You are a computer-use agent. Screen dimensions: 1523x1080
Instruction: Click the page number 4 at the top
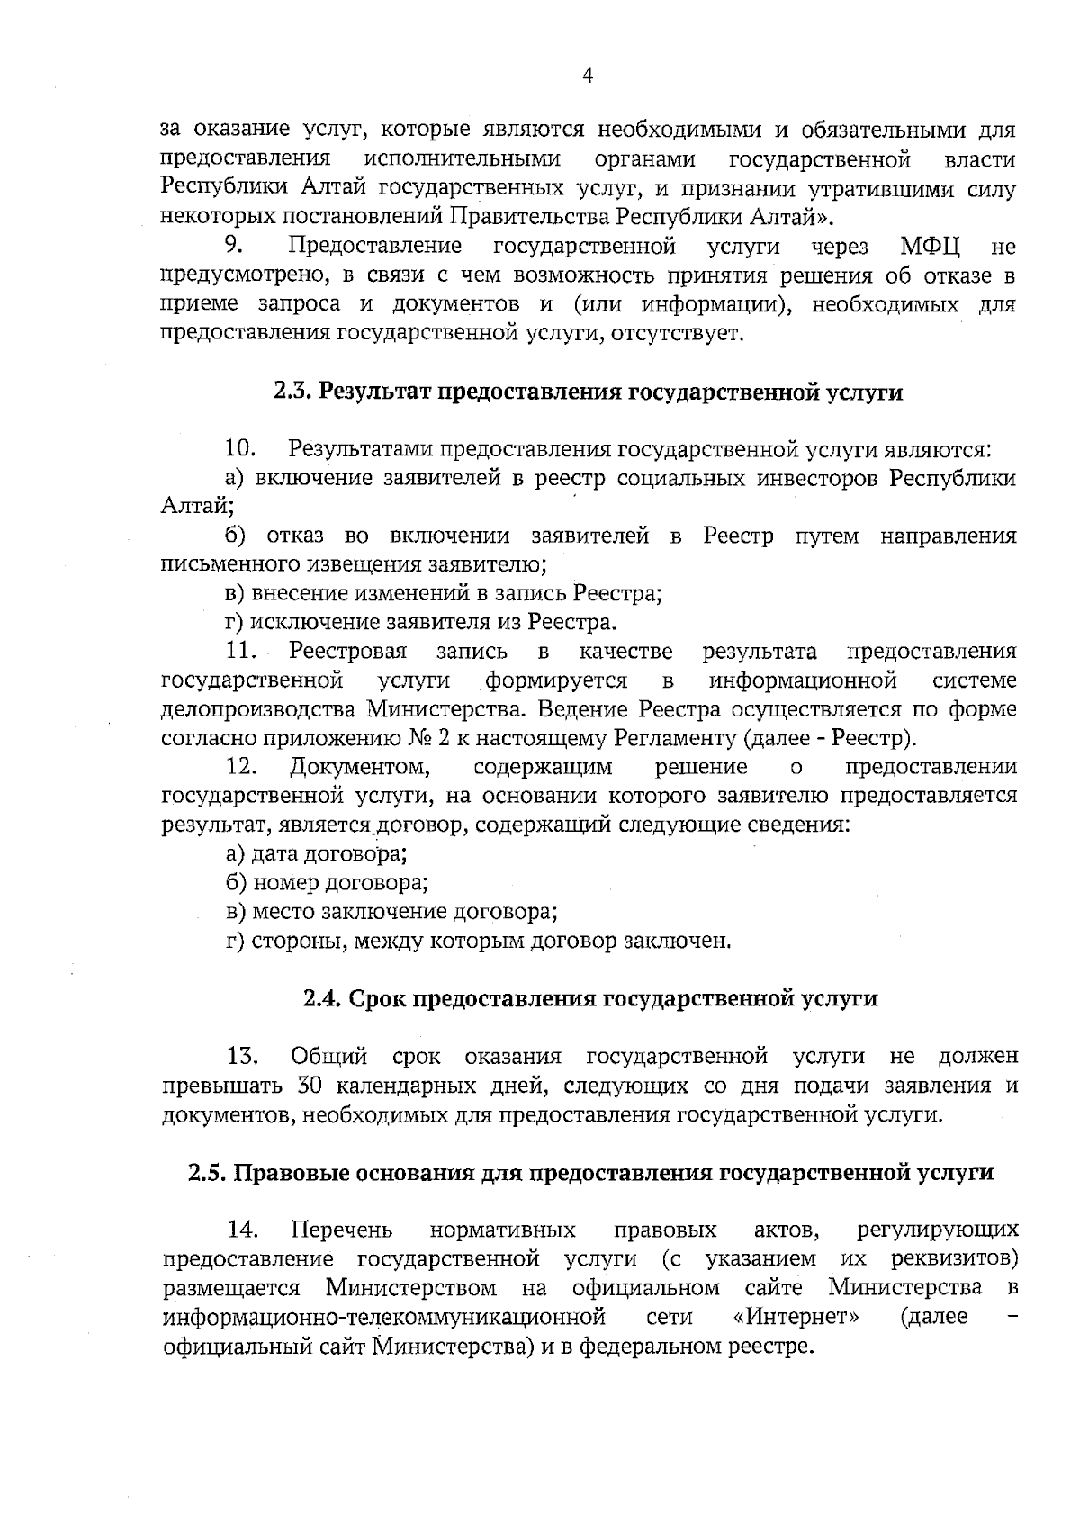(x=587, y=77)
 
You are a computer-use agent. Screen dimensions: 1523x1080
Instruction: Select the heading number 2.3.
(x=293, y=392)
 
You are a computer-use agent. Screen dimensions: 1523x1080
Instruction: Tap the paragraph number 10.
(x=241, y=448)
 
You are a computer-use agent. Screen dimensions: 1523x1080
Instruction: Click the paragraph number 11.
(x=241, y=651)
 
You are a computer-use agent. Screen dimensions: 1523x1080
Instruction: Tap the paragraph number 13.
(x=242, y=1057)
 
